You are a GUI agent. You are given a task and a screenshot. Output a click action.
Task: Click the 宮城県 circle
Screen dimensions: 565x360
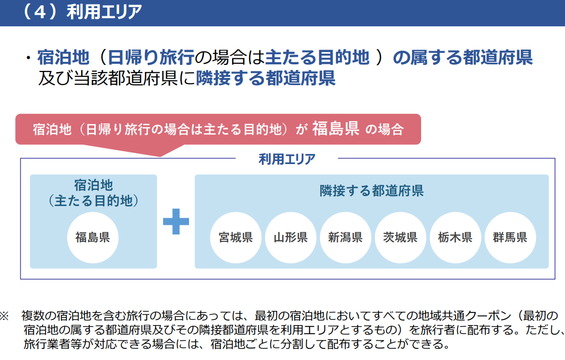pyautogui.click(x=236, y=237)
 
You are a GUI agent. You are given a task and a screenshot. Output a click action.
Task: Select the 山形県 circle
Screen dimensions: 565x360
pyautogui.click(x=290, y=237)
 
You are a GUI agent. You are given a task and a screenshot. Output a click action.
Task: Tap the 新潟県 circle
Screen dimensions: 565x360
pyautogui.click(x=345, y=237)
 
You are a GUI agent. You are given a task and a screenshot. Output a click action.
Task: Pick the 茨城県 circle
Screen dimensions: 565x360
pyautogui.click(x=400, y=237)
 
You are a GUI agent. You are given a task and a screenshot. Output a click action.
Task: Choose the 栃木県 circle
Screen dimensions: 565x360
pyautogui.click(x=455, y=237)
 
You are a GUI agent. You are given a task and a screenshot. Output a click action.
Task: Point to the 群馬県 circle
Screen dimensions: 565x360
pyautogui.click(x=510, y=237)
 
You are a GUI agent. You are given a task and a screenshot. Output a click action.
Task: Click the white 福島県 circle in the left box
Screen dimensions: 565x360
pyautogui.click(x=93, y=237)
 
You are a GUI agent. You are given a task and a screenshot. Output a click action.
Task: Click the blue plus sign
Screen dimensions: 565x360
pyautogui.click(x=176, y=221)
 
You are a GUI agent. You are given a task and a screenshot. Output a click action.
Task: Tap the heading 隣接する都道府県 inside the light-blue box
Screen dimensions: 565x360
pyautogui.click(x=371, y=191)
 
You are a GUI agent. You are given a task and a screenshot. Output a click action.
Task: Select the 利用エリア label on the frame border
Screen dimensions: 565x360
pyautogui.click(x=287, y=159)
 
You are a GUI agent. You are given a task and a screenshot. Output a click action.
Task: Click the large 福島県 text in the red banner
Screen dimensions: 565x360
pyautogui.click(x=335, y=129)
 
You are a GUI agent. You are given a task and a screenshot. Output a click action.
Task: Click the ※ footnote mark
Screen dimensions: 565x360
pyautogui.click(x=4, y=316)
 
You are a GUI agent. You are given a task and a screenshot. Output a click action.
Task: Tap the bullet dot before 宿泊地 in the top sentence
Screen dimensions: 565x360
pyautogui.click(x=28, y=58)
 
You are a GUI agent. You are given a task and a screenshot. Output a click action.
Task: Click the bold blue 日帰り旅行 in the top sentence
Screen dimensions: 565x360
pyautogui.click(x=151, y=57)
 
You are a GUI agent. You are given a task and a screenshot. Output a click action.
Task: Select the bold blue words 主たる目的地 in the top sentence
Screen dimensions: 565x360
pyautogui.click(x=317, y=57)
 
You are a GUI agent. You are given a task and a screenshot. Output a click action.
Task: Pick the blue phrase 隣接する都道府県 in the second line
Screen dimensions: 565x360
pyautogui.click(x=266, y=78)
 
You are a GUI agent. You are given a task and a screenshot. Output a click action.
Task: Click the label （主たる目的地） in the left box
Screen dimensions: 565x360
pyautogui.click(x=93, y=201)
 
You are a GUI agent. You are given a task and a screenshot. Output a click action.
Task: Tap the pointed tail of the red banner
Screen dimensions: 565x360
pyautogui.click(x=160, y=156)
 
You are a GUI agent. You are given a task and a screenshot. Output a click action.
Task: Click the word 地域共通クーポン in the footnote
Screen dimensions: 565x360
pyautogui.click(x=465, y=316)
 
